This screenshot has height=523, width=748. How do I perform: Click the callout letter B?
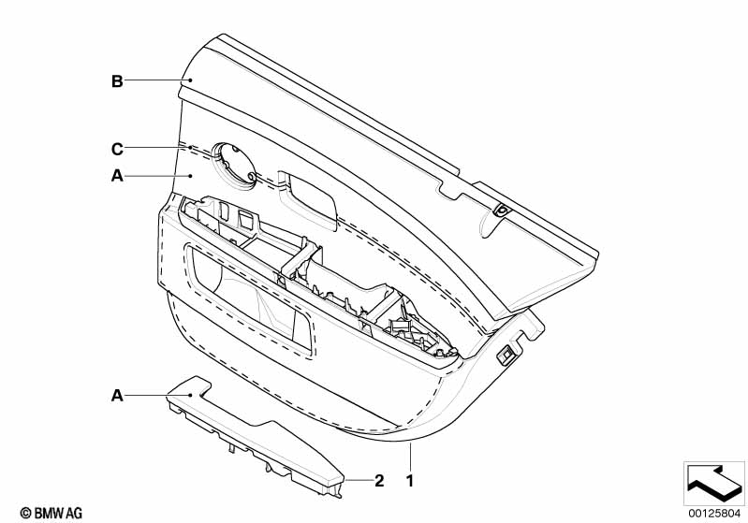(x=117, y=81)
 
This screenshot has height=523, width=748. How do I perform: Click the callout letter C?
(x=117, y=149)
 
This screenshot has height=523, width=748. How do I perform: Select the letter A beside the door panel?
(x=117, y=176)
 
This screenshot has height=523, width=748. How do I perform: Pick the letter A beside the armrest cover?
(x=117, y=395)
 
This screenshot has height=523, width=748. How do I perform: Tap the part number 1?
(x=410, y=481)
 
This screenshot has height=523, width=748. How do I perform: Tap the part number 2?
(x=379, y=481)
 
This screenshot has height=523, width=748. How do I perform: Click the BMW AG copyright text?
(x=51, y=514)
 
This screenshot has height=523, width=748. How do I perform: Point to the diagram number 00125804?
(x=714, y=514)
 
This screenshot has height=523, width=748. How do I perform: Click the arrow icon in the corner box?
(x=714, y=484)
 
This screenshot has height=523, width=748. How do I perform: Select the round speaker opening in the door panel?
(x=234, y=163)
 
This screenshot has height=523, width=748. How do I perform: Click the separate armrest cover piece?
(x=255, y=435)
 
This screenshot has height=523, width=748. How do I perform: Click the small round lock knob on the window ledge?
(x=502, y=210)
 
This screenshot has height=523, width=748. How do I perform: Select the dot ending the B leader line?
(x=190, y=80)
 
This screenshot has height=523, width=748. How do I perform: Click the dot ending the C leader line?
(x=190, y=148)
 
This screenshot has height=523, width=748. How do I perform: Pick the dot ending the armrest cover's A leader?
(x=190, y=395)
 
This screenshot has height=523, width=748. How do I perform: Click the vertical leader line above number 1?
(x=410, y=457)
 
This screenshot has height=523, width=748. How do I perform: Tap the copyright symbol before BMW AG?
(x=26, y=514)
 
